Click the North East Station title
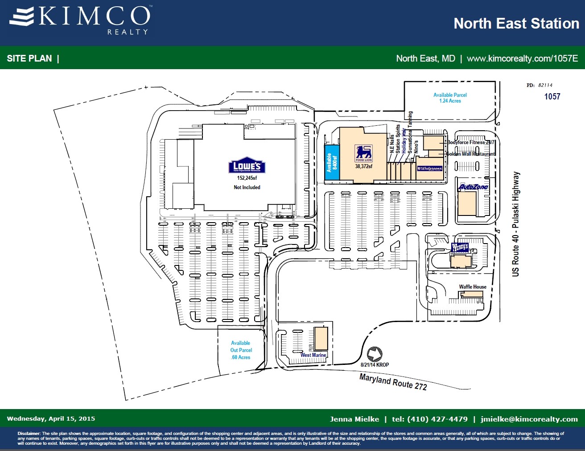pos(516,23)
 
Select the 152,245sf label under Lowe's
pos(247,178)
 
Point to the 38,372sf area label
pos(363,166)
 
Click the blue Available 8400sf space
pos(332,162)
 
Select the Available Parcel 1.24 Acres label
pos(450,98)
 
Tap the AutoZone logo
pos(474,187)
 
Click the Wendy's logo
pos(460,247)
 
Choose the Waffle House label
pos(473,287)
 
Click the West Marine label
pos(313,355)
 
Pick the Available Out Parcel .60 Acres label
pos(241,350)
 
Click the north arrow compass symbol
pos(375,354)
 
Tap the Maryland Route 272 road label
pos(393,382)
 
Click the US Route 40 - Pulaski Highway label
pos(516,224)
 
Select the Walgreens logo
pos(430,169)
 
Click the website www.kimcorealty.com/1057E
pos(522,58)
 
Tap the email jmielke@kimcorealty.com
pos(529,419)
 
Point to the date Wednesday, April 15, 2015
pos(51,418)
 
